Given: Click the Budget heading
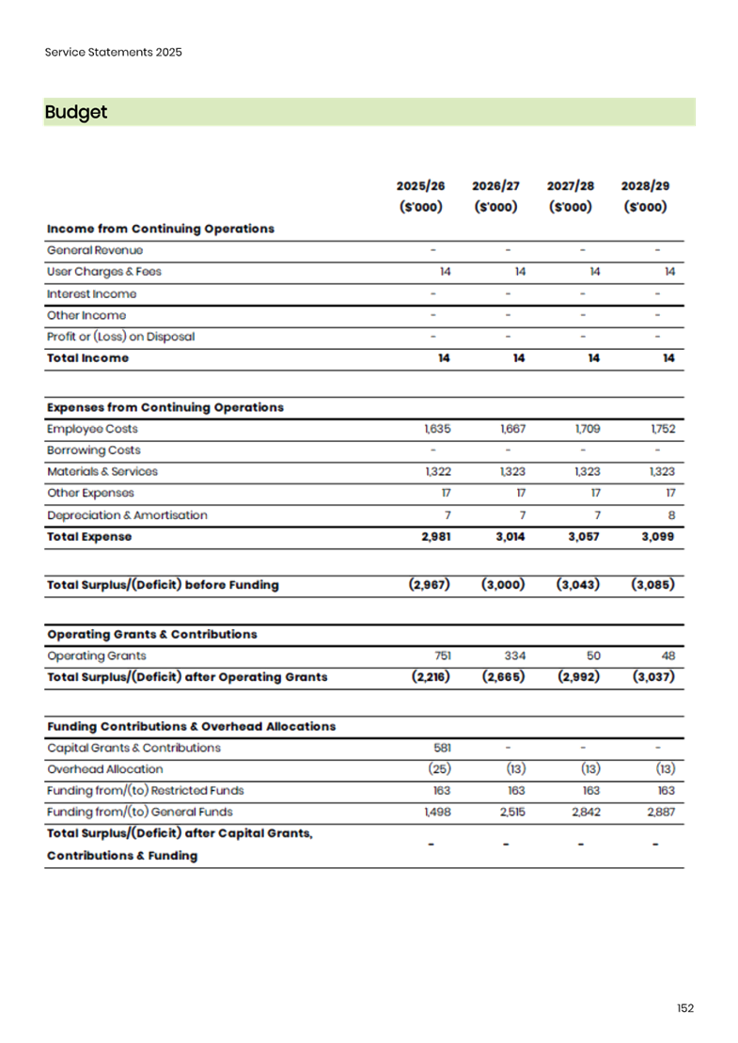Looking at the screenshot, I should coord(76,112).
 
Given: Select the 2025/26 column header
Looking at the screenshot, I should coord(420,186).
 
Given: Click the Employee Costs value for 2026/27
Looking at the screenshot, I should coord(513,429).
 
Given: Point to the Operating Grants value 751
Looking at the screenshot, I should coord(442,656).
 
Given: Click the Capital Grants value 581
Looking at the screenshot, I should coord(442,748).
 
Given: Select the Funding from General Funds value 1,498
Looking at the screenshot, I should coord(437,812).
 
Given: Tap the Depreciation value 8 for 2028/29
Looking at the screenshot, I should coord(670,515).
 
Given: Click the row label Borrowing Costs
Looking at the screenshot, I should coord(94,450).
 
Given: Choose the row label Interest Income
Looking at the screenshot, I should coord(91,294).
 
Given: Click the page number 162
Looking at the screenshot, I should coord(685,1008).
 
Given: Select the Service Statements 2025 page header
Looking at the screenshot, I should coord(114,52).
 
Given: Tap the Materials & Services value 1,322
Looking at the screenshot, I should coord(437,472).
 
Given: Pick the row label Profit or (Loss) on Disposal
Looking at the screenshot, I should coord(120,337).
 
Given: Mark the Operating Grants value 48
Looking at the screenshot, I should coord(667,656).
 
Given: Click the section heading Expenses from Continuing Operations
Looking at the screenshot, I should coord(165,407).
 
